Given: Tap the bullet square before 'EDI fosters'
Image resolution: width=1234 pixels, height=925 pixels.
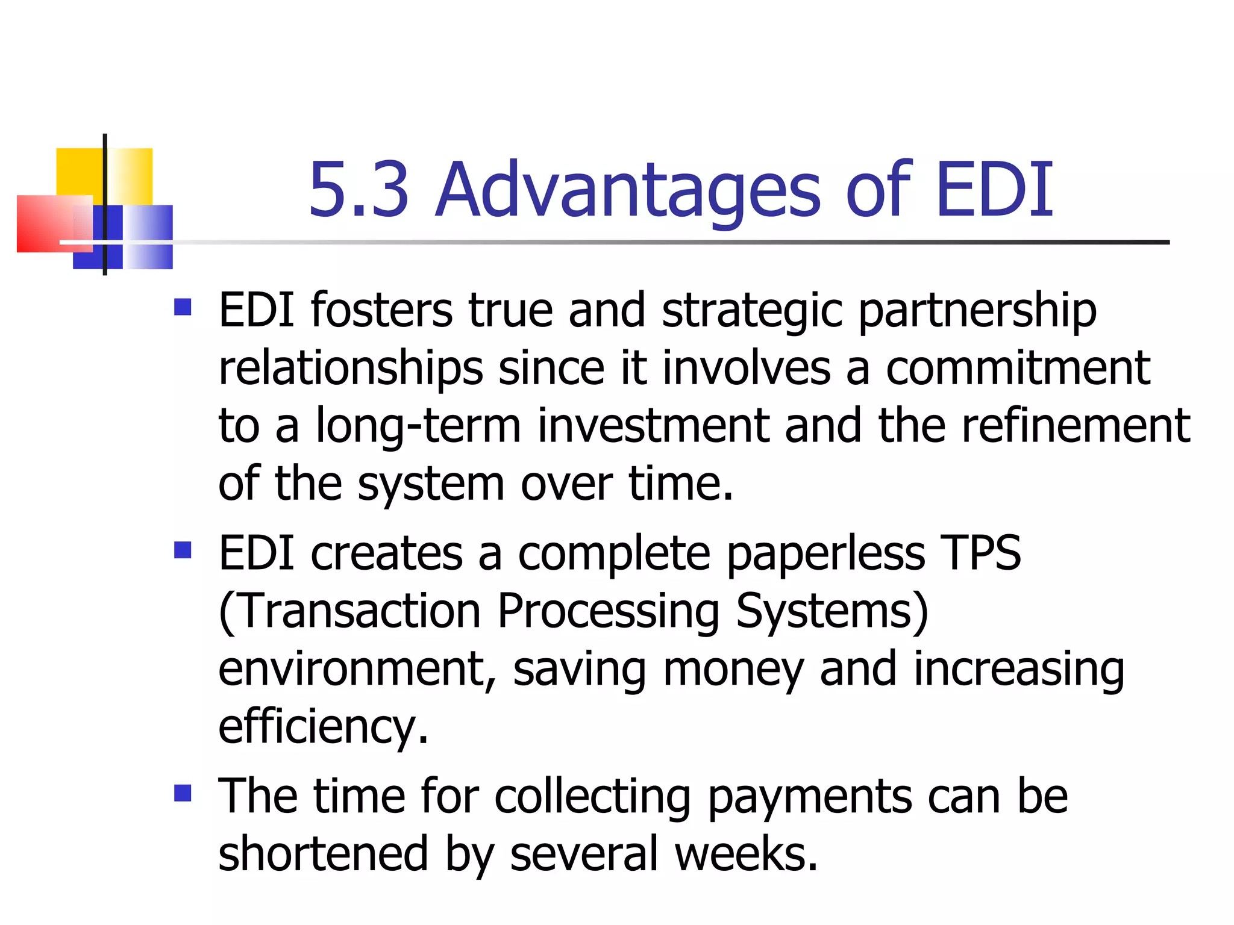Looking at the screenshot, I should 183,308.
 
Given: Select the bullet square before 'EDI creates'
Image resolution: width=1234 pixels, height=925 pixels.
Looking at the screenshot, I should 183,550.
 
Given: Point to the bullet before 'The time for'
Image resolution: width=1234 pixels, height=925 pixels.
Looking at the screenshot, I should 183,793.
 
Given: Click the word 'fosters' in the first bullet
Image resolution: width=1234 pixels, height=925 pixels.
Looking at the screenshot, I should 381,311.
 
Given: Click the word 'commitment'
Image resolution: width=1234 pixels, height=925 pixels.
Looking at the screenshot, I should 1018,369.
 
